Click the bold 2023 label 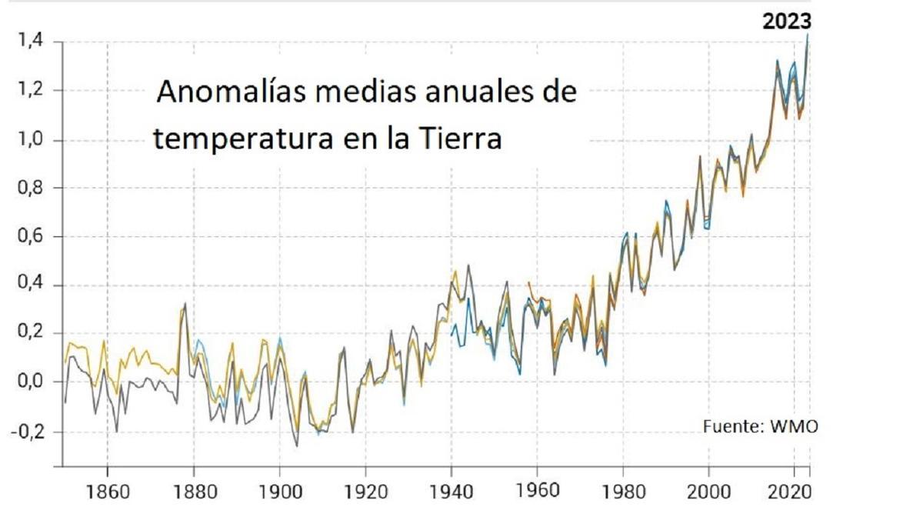786,22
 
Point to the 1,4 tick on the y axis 29,42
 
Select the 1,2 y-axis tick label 29,91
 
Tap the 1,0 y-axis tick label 29,140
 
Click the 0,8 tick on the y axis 29,188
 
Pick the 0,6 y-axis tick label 29,237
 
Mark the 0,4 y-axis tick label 29,285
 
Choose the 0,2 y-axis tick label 29,334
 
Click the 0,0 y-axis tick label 29,382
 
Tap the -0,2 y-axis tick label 26,432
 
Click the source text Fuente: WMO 760,426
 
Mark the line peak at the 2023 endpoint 808,35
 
